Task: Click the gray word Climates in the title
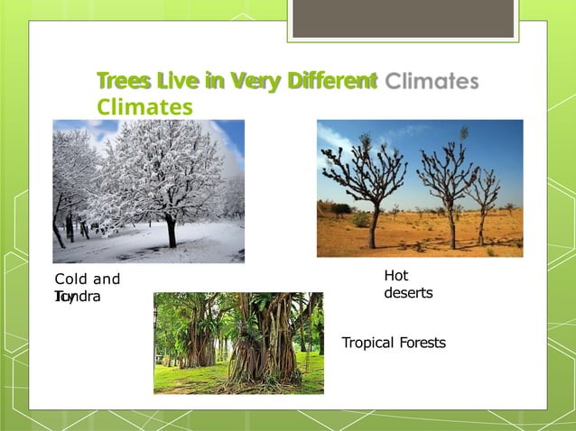pos(431,82)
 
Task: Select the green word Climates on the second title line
pos(144,107)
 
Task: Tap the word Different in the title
pos(331,82)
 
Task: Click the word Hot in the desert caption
pos(396,276)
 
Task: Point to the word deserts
pos(408,293)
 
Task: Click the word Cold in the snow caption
pos(71,280)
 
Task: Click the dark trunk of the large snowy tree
pos(170,232)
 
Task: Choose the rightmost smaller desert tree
pos(486,198)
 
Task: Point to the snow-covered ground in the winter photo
pos(135,248)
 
